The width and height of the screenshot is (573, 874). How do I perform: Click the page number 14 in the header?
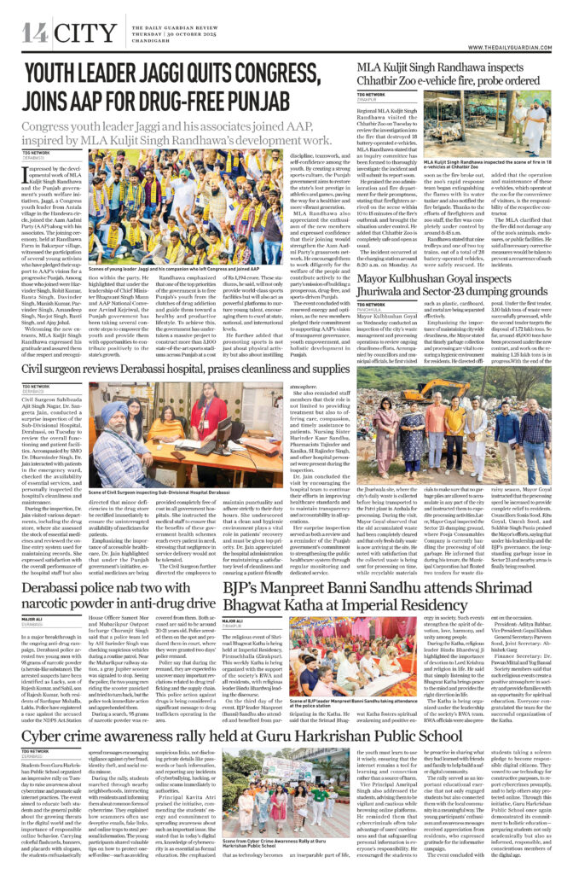tap(35, 33)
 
